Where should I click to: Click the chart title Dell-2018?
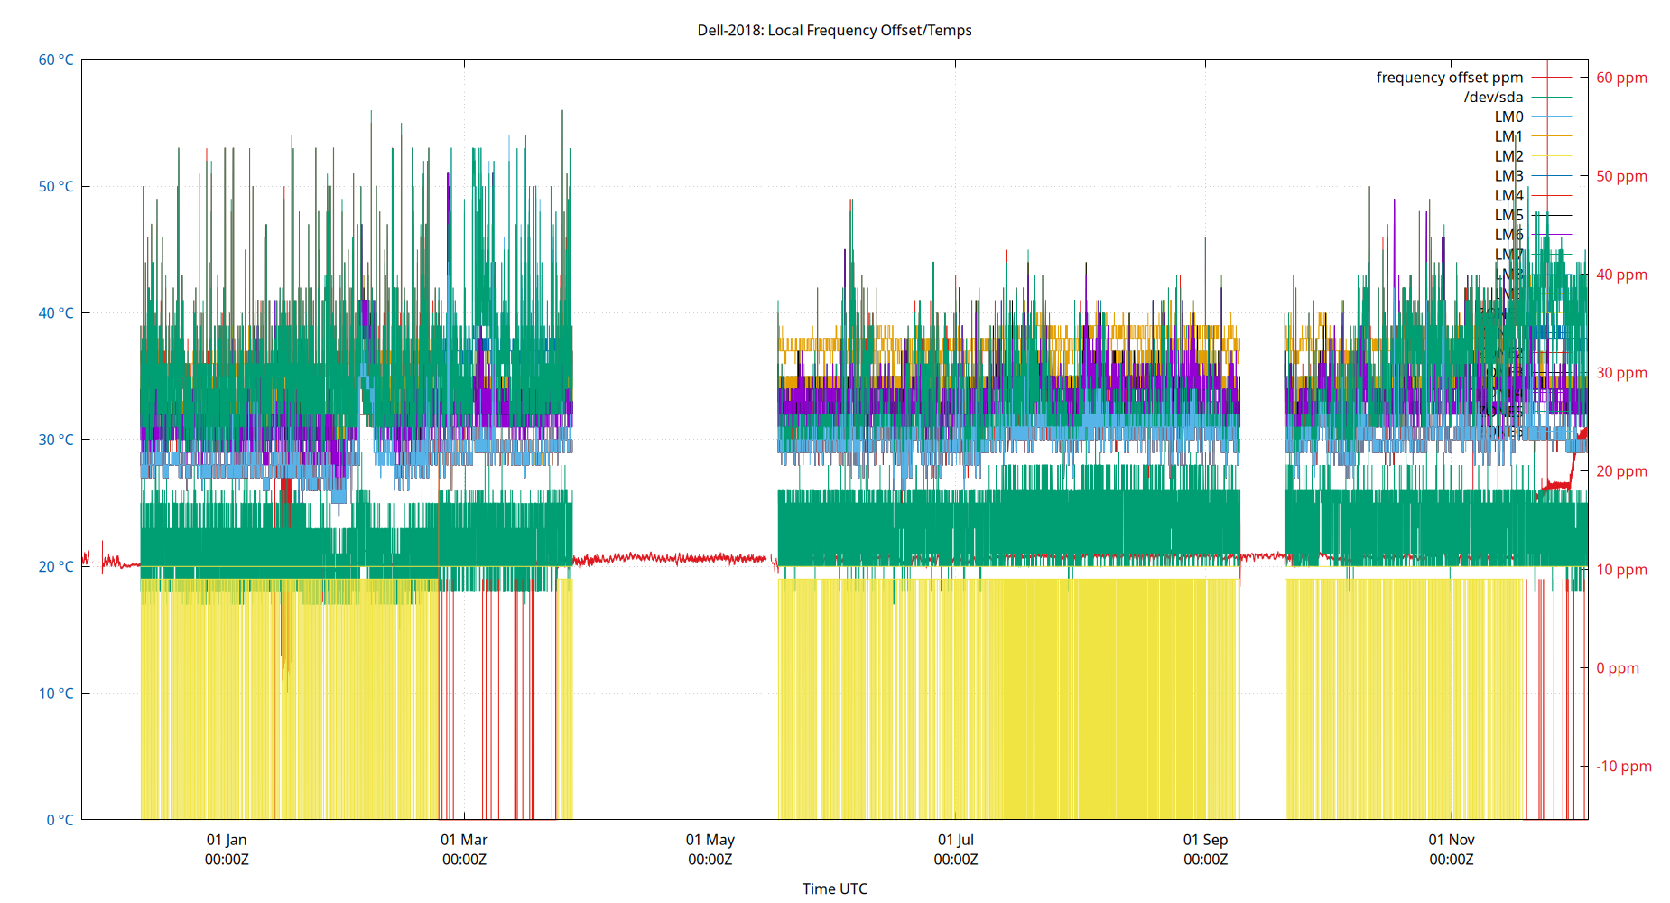tap(834, 30)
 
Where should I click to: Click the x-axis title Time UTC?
tap(834, 889)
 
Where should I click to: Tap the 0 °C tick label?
tap(60, 820)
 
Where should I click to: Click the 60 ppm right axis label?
tap(1621, 78)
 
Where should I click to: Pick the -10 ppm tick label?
tap(1623, 767)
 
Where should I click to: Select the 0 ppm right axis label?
tap(1617, 668)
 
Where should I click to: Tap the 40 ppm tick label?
tap(1621, 275)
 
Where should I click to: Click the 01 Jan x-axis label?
tap(227, 840)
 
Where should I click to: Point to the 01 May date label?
tap(710, 840)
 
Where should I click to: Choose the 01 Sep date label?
tap(1205, 840)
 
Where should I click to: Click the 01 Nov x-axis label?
tap(1451, 840)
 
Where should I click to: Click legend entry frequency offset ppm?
tap(1449, 78)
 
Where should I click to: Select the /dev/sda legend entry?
tap(1493, 98)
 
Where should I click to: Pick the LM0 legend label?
tap(1508, 116)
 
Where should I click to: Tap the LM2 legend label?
tap(1508, 156)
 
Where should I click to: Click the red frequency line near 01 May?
tap(710, 559)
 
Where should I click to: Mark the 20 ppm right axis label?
tap(1621, 471)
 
